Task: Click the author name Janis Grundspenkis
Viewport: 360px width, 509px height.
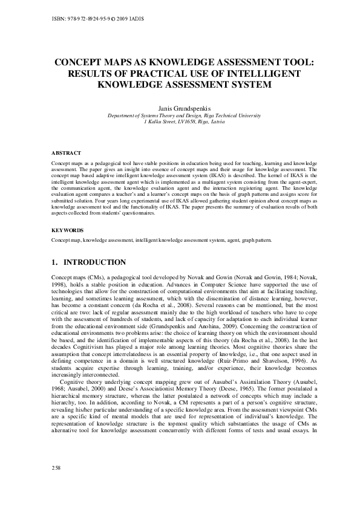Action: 180,108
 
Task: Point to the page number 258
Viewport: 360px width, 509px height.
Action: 58,485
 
